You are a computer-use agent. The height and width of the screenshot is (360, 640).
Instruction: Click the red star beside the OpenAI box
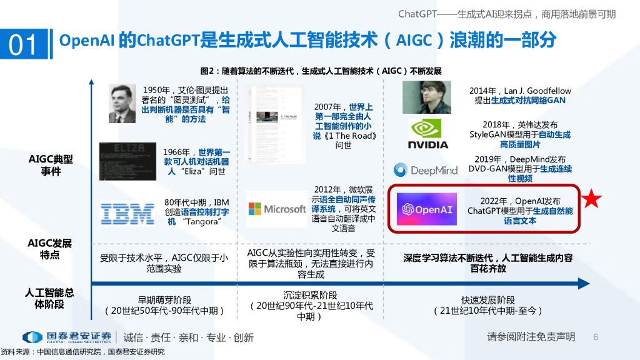click(x=592, y=199)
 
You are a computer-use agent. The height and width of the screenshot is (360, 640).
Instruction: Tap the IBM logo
click(x=127, y=214)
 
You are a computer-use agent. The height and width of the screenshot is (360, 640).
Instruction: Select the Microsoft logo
click(x=276, y=209)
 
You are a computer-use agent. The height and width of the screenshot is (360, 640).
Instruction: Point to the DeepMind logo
click(x=426, y=170)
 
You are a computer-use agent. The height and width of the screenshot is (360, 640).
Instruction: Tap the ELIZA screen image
click(x=127, y=161)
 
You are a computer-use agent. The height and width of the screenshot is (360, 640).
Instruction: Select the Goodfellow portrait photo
click(x=426, y=97)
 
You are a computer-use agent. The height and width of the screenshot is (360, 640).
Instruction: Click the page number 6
click(x=596, y=337)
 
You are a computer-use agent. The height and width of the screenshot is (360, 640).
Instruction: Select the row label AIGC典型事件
click(x=51, y=165)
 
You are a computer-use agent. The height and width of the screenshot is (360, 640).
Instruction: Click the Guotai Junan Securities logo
click(x=67, y=337)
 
